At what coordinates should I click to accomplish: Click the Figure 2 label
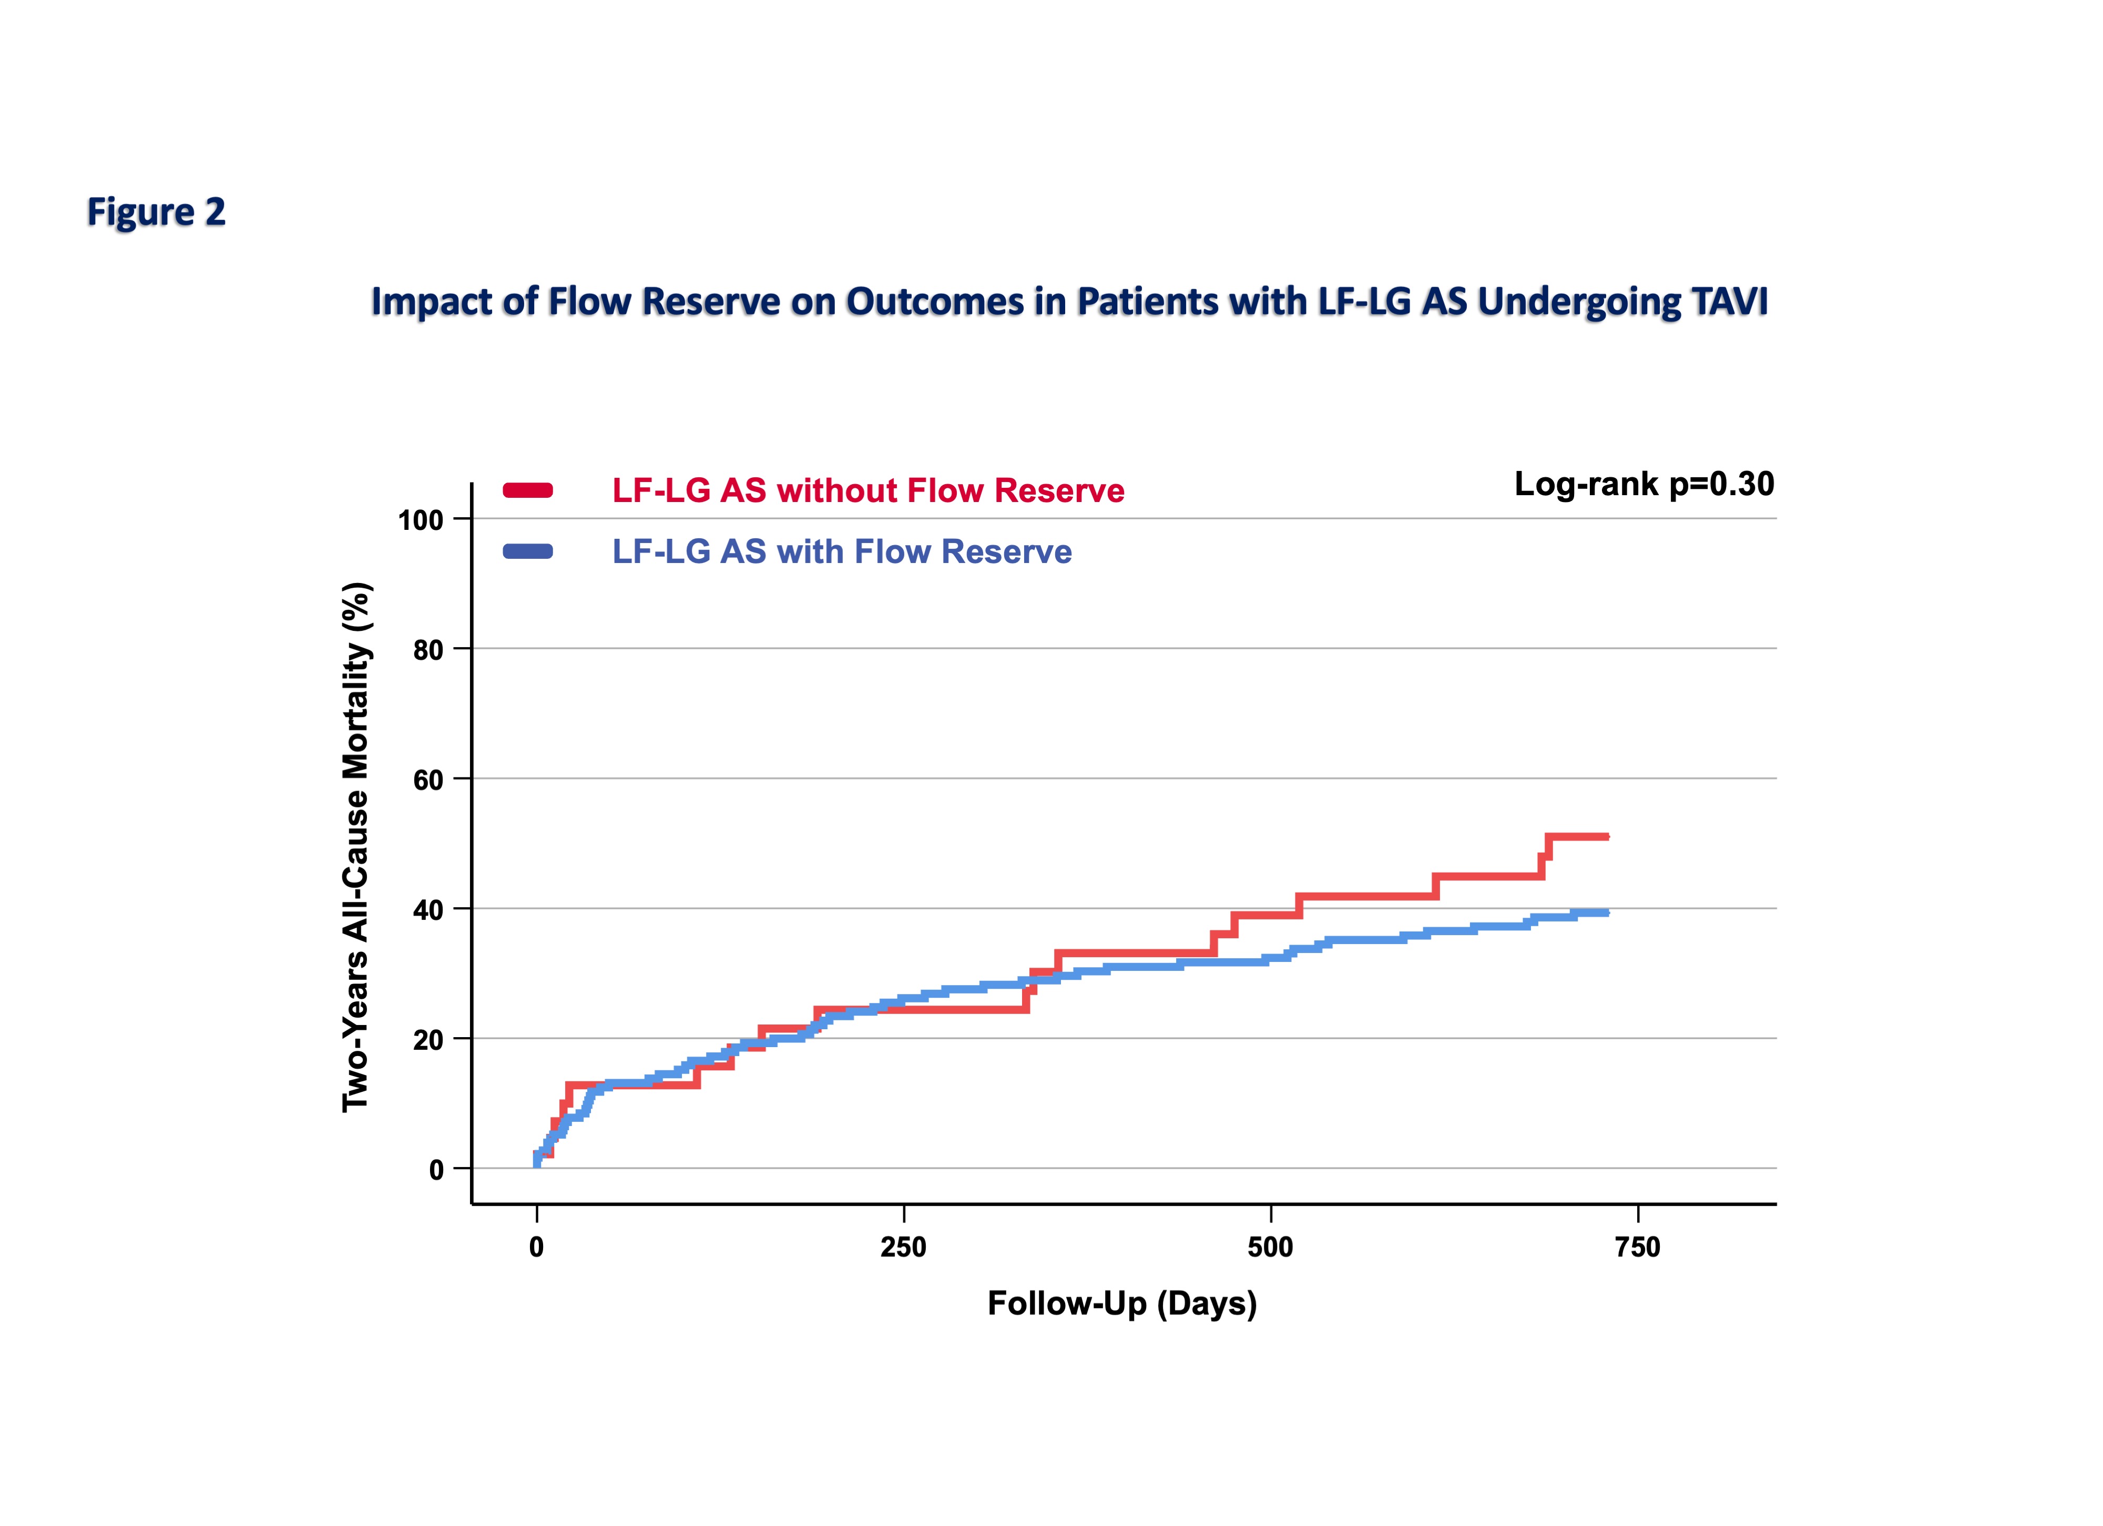tap(156, 212)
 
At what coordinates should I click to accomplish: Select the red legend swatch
tap(528, 490)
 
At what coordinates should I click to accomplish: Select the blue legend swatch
tap(528, 551)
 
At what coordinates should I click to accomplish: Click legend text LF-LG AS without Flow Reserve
tap(868, 490)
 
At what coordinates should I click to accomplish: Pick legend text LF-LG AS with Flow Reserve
tap(841, 551)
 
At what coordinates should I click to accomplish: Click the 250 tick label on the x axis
tap(903, 1247)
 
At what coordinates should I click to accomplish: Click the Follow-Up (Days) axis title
tap(1122, 1304)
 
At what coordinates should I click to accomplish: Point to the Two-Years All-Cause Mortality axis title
tap(356, 846)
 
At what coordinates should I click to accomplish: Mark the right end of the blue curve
tap(1606, 913)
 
